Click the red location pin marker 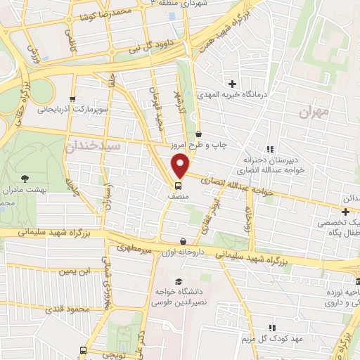181,165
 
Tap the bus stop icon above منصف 178,186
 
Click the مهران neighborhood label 313,111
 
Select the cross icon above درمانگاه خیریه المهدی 232,84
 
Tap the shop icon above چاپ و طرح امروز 200,134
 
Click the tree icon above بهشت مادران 25,179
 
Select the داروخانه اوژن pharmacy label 184,252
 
